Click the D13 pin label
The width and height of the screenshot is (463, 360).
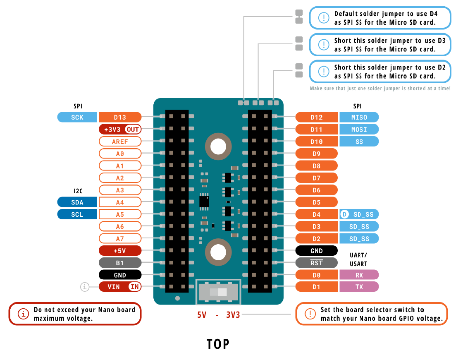(120, 117)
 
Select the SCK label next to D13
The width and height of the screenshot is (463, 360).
(77, 117)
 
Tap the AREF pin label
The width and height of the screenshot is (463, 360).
(120, 142)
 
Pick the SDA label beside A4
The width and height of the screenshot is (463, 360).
(77, 202)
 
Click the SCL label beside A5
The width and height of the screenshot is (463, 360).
(77, 214)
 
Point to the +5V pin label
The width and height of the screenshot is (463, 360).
(120, 251)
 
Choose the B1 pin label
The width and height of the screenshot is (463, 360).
(120, 263)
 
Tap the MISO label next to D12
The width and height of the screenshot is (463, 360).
(359, 117)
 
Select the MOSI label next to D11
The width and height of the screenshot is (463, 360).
(359, 130)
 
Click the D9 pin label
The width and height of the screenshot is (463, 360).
(317, 154)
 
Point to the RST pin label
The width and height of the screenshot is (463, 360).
(317, 263)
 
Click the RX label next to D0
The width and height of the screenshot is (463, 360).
(359, 275)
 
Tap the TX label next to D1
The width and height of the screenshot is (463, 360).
(359, 286)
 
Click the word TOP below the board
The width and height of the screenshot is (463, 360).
(218, 344)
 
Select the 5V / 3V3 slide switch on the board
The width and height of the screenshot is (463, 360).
(218, 292)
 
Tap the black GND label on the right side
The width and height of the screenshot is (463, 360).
(317, 251)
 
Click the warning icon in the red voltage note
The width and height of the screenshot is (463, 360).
(24, 314)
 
